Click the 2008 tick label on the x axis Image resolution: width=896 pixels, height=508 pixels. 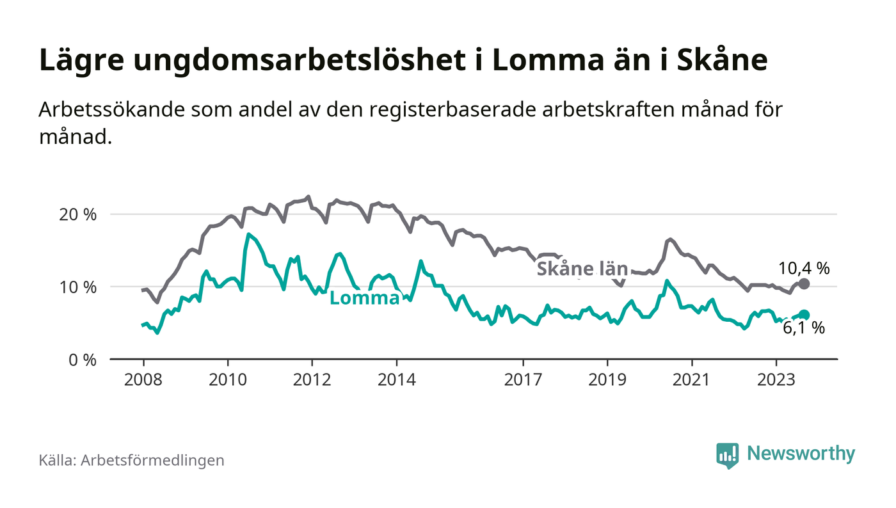[x=143, y=379]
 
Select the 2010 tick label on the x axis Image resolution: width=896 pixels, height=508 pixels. [x=227, y=379]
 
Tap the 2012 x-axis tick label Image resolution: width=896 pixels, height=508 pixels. [x=312, y=379]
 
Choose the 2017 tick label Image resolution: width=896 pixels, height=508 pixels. [x=523, y=379]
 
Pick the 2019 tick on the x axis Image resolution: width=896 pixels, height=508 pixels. [x=607, y=379]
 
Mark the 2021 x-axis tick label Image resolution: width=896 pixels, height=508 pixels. [x=692, y=379]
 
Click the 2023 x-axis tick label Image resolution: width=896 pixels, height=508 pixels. [x=776, y=379]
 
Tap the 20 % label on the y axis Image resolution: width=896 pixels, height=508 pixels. [x=77, y=214]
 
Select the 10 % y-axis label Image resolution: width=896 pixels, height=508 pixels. [x=77, y=287]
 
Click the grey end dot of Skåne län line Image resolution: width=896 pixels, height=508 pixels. [x=804, y=284]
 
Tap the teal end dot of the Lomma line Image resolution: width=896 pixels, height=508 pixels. [x=804, y=315]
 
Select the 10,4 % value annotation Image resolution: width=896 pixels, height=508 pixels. [x=804, y=269]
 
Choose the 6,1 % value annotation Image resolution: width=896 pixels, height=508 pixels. [x=804, y=329]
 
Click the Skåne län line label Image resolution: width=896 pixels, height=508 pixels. [x=582, y=269]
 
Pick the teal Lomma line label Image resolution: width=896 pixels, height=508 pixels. [x=365, y=298]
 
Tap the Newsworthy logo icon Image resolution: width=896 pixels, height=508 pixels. [x=727, y=455]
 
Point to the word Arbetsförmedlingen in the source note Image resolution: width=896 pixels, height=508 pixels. [x=152, y=460]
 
